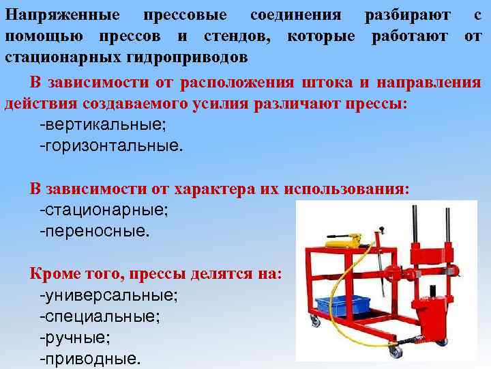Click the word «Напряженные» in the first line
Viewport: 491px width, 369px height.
click(x=62, y=14)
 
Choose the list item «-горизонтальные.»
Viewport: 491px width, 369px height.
click(x=112, y=146)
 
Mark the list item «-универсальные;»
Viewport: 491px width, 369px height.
click(x=109, y=295)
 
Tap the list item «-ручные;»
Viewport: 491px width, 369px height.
click(x=75, y=337)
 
